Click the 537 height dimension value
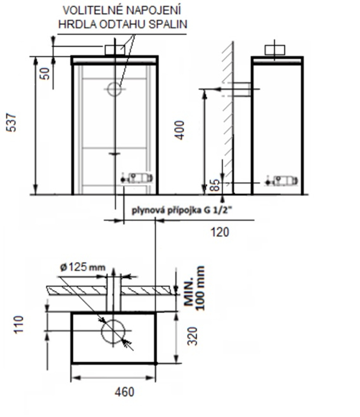point(11,122)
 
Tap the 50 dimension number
point(45,74)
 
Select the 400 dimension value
point(179,130)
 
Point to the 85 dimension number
point(215,185)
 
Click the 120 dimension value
point(220,232)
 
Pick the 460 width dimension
point(125,392)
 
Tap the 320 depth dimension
point(192,336)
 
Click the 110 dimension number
point(19,324)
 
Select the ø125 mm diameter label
point(83,267)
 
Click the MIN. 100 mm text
point(195,288)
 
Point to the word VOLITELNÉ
point(93,10)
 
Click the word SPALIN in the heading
point(168,24)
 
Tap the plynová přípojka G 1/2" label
point(182,210)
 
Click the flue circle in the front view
point(114,90)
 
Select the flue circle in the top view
point(113,331)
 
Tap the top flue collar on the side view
point(275,50)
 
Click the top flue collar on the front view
point(115,50)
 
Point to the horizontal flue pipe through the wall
point(241,90)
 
